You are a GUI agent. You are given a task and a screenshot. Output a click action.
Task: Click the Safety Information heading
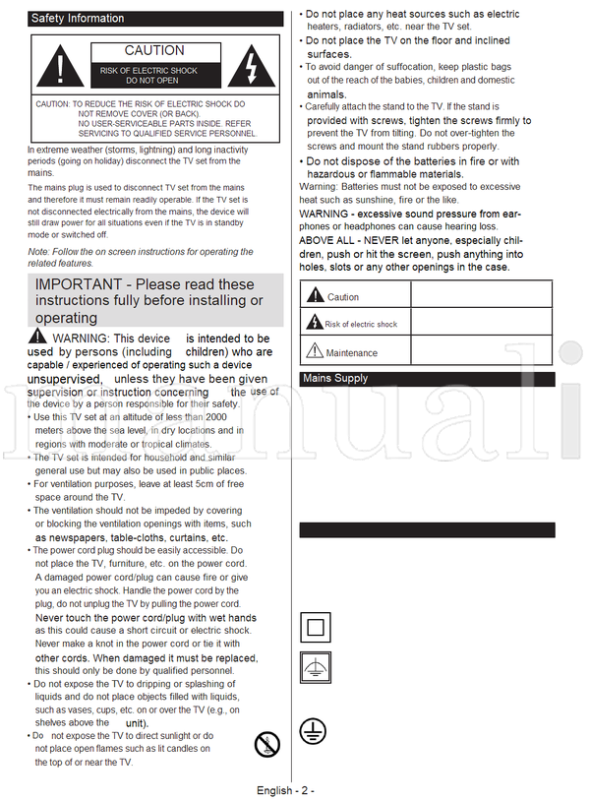(78, 18)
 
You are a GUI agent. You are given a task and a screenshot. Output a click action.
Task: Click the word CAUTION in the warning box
(154, 50)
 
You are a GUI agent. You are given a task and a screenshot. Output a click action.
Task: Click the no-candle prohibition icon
(266, 744)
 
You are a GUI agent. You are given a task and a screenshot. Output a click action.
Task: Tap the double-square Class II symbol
(312, 626)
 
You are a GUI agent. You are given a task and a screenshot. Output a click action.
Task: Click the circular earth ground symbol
(312, 729)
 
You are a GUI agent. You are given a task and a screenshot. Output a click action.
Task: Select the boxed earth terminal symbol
(312, 668)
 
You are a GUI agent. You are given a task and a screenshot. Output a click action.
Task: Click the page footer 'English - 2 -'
(285, 790)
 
